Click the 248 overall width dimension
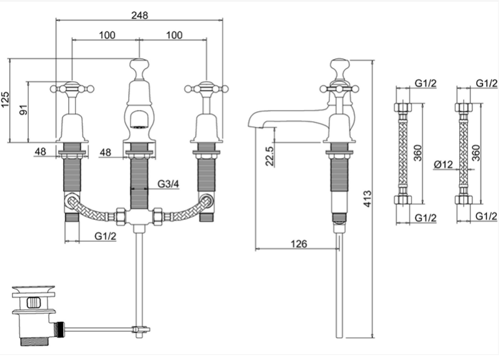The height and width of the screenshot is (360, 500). [x=139, y=15]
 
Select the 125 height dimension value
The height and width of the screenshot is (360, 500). [x=6, y=100]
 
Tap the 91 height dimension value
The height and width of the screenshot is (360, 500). [x=24, y=110]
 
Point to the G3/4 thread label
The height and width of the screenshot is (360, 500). [x=168, y=184]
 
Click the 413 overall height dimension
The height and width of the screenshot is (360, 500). [x=367, y=199]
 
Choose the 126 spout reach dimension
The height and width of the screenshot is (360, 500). [x=299, y=244]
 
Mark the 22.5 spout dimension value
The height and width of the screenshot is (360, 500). [x=270, y=156]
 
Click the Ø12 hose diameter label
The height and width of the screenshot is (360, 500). [x=443, y=164]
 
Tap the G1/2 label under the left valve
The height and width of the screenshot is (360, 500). [x=105, y=236]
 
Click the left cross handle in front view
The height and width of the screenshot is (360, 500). [x=72, y=88]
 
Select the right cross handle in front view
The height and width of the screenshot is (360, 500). [x=207, y=88]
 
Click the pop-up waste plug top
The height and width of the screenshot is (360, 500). [x=34, y=290]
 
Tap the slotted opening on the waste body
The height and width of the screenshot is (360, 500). [x=33, y=302]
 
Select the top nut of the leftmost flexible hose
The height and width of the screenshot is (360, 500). [x=403, y=107]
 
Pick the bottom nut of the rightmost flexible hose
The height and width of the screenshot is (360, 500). [x=463, y=200]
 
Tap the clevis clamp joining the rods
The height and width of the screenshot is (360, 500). [x=140, y=329]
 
